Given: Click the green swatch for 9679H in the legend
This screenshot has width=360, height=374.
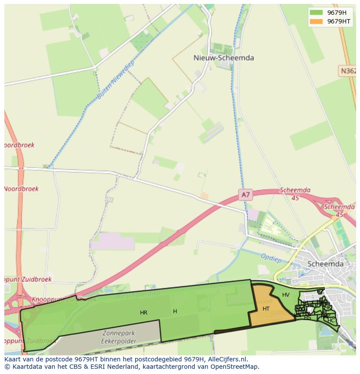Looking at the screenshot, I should click(x=316, y=13).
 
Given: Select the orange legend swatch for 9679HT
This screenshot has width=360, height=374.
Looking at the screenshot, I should click(x=316, y=21).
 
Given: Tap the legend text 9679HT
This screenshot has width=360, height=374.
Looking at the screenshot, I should click(x=339, y=21).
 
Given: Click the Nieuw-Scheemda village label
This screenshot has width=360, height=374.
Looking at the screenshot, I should click(x=223, y=58).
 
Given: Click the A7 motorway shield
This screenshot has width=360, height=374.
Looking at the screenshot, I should click(x=246, y=195).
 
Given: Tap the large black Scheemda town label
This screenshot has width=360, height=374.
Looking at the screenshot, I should click(x=325, y=264).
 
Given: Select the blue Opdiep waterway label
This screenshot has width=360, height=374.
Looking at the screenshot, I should click(x=271, y=258).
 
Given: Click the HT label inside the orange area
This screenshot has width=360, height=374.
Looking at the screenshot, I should click(x=266, y=309).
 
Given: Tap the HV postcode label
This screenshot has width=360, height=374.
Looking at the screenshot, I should click(x=286, y=295).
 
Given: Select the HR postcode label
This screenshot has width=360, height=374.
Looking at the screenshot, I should click(x=143, y=313).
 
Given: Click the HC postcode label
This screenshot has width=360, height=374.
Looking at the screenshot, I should click(x=332, y=321).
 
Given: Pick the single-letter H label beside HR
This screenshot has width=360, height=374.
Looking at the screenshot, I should click(x=175, y=311).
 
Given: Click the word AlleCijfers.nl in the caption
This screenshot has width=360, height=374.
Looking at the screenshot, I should click(x=226, y=359).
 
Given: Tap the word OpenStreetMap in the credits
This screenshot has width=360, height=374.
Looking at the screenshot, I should click(x=235, y=367).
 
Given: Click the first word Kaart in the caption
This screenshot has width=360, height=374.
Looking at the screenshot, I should click(x=13, y=359).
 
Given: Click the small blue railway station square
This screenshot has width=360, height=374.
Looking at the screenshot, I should click(x=350, y=343).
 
